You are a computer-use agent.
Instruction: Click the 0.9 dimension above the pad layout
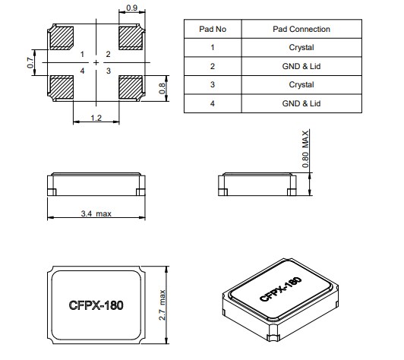point(131,8)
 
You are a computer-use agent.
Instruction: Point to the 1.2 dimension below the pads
point(96,118)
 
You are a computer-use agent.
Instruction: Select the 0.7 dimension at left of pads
point(31,63)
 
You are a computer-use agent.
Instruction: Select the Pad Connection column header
point(301,29)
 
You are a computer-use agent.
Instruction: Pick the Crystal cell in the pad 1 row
point(301,47)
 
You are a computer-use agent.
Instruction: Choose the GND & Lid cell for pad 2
point(301,66)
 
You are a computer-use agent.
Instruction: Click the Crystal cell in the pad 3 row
point(301,84)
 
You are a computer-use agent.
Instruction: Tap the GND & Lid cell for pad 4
point(301,103)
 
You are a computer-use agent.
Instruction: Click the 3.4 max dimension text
point(96,214)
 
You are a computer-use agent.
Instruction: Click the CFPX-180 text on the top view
point(95,305)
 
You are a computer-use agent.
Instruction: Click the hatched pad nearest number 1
point(62,37)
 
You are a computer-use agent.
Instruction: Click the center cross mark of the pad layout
point(96,62)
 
